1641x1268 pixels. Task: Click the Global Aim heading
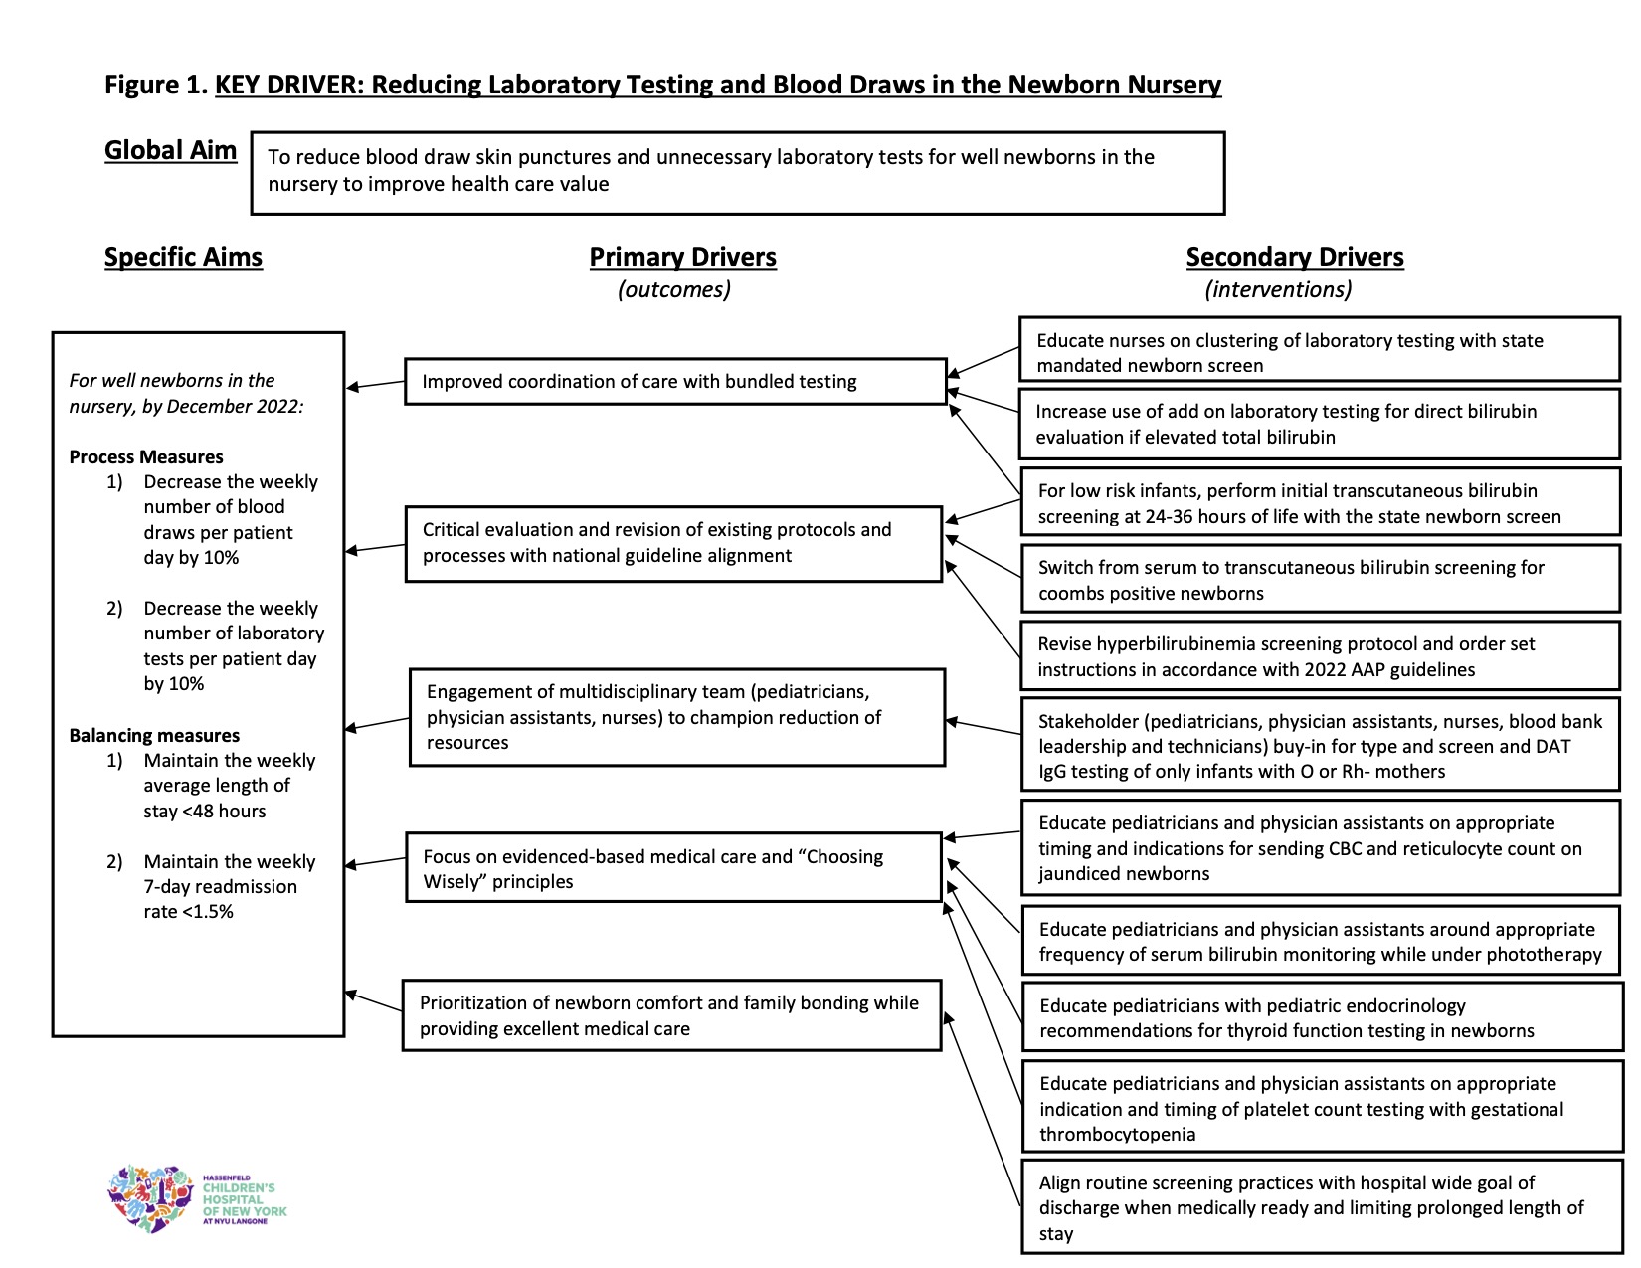[x=170, y=150]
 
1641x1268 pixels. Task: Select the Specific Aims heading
[x=184, y=257]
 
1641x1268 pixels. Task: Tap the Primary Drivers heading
[x=682, y=257]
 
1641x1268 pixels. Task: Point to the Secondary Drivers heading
[x=1294, y=257]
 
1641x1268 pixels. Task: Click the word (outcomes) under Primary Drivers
[x=674, y=290]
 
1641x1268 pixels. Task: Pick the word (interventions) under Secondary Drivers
[x=1278, y=290]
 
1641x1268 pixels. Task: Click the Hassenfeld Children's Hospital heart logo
[x=151, y=1198]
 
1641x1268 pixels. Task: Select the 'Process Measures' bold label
[x=146, y=456]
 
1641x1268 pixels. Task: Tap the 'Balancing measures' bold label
[x=154, y=736]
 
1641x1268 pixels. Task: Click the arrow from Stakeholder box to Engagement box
[x=984, y=727]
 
